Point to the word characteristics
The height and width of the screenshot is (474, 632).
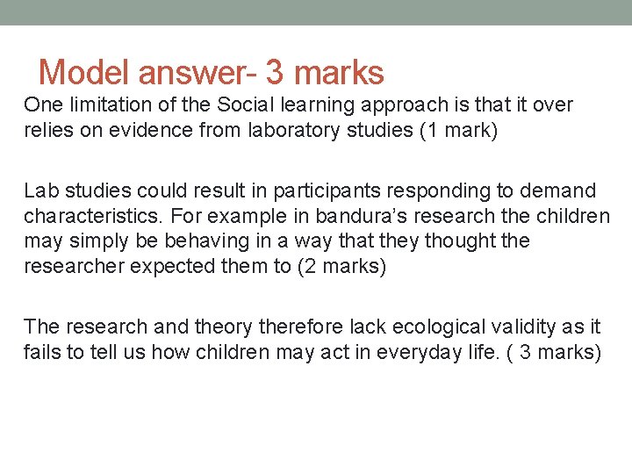[93, 216]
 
